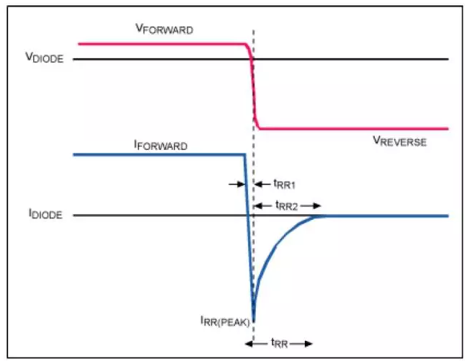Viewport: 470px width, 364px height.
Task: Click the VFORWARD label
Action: [164, 29]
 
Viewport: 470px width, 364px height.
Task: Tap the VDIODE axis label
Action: [45, 57]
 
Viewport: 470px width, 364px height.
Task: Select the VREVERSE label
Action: [399, 141]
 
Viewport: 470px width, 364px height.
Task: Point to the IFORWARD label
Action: [161, 145]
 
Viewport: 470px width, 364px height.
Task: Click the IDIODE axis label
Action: [45, 214]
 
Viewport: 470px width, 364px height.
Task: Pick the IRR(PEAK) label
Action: [225, 321]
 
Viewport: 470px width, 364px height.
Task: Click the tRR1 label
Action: [285, 184]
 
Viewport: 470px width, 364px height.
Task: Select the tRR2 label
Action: [287, 205]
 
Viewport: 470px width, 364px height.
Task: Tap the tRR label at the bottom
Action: [280, 343]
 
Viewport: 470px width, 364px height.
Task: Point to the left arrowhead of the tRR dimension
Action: [249, 344]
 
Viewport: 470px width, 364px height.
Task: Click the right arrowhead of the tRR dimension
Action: [309, 344]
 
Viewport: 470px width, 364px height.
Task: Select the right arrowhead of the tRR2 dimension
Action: [317, 205]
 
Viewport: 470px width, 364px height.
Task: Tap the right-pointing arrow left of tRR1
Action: [237, 184]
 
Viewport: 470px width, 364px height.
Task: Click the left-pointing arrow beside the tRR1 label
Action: [262, 184]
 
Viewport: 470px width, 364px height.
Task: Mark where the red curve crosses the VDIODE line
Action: [252, 59]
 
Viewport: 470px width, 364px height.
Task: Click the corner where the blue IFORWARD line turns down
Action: [245, 155]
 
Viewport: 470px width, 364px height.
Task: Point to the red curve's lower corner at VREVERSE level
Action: [260, 128]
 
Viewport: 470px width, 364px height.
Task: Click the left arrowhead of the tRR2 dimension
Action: [258, 205]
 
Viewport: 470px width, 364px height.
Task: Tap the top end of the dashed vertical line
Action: [254, 30]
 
